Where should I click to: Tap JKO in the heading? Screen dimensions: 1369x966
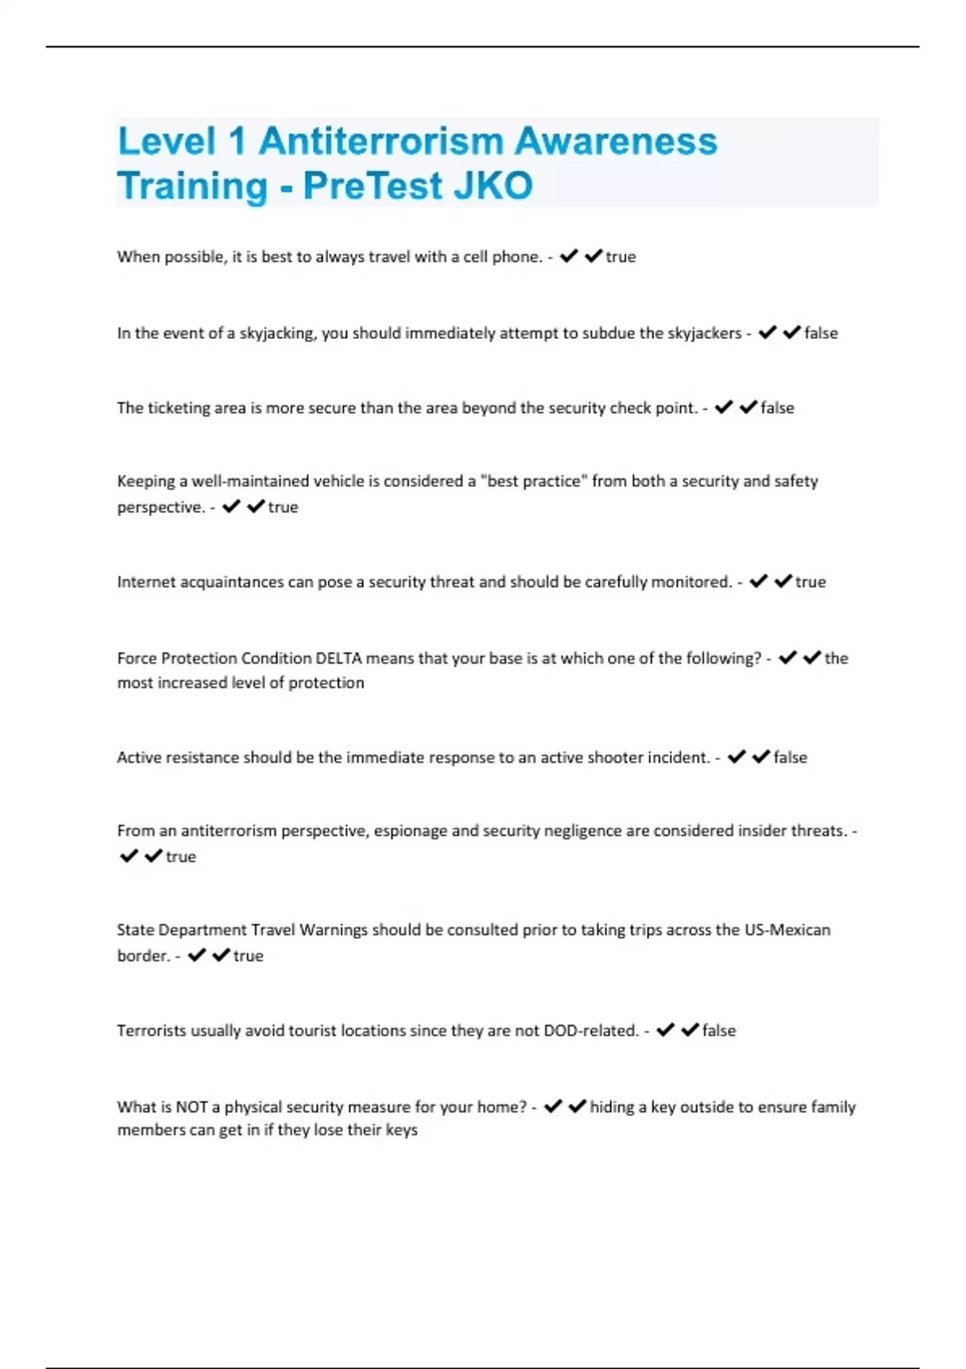tap(493, 186)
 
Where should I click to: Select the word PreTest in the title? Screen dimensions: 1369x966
tap(373, 186)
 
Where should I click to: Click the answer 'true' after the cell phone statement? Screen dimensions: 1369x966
tap(621, 257)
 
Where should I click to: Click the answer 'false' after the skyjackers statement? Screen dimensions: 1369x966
tap(821, 333)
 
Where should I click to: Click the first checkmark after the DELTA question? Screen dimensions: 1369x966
tap(787, 658)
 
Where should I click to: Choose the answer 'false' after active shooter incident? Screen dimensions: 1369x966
tap(790, 758)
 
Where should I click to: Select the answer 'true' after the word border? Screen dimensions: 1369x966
tap(248, 956)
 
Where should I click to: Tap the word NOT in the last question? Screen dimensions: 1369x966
tap(192, 1107)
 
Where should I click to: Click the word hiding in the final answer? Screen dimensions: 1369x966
tap(612, 1107)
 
